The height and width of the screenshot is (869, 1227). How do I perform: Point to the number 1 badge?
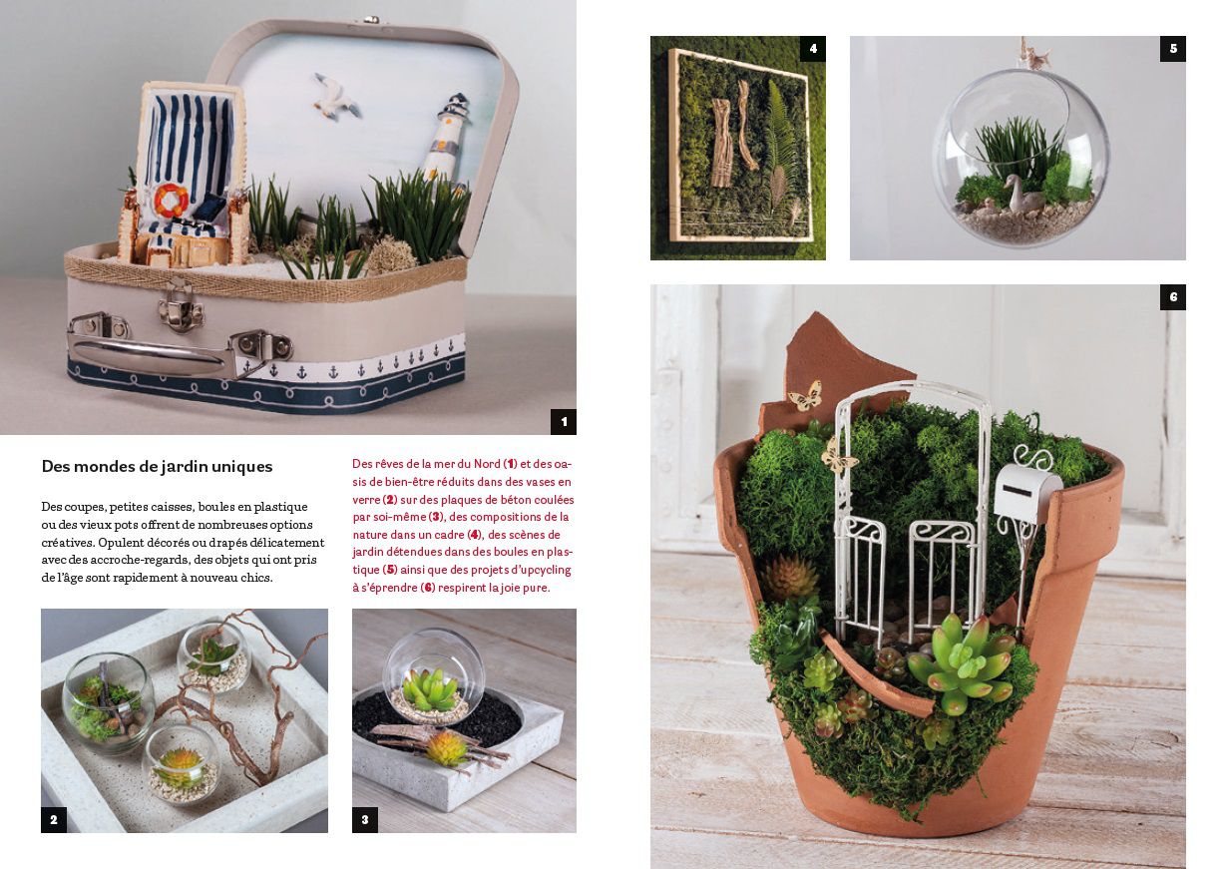click(563, 422)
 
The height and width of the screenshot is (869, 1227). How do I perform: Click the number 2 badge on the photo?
click(54, 820)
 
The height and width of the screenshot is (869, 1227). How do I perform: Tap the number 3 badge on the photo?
click(365, 820)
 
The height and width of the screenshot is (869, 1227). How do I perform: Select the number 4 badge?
click(813, 49)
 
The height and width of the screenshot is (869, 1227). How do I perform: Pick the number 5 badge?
click(1173, 49)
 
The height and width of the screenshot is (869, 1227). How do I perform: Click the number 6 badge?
click(1173, 297)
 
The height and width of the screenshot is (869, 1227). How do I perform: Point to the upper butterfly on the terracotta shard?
click(805, 396)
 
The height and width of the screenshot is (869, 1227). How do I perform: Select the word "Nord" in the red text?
click(487, 464)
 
